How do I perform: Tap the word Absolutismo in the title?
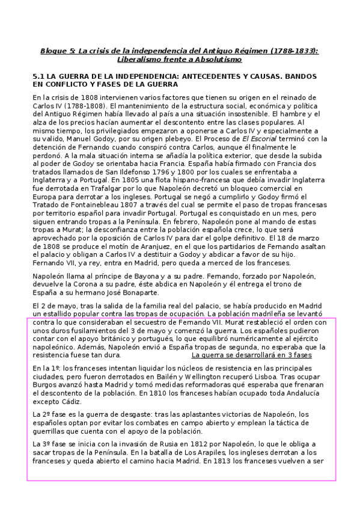click(x=216, y=60)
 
